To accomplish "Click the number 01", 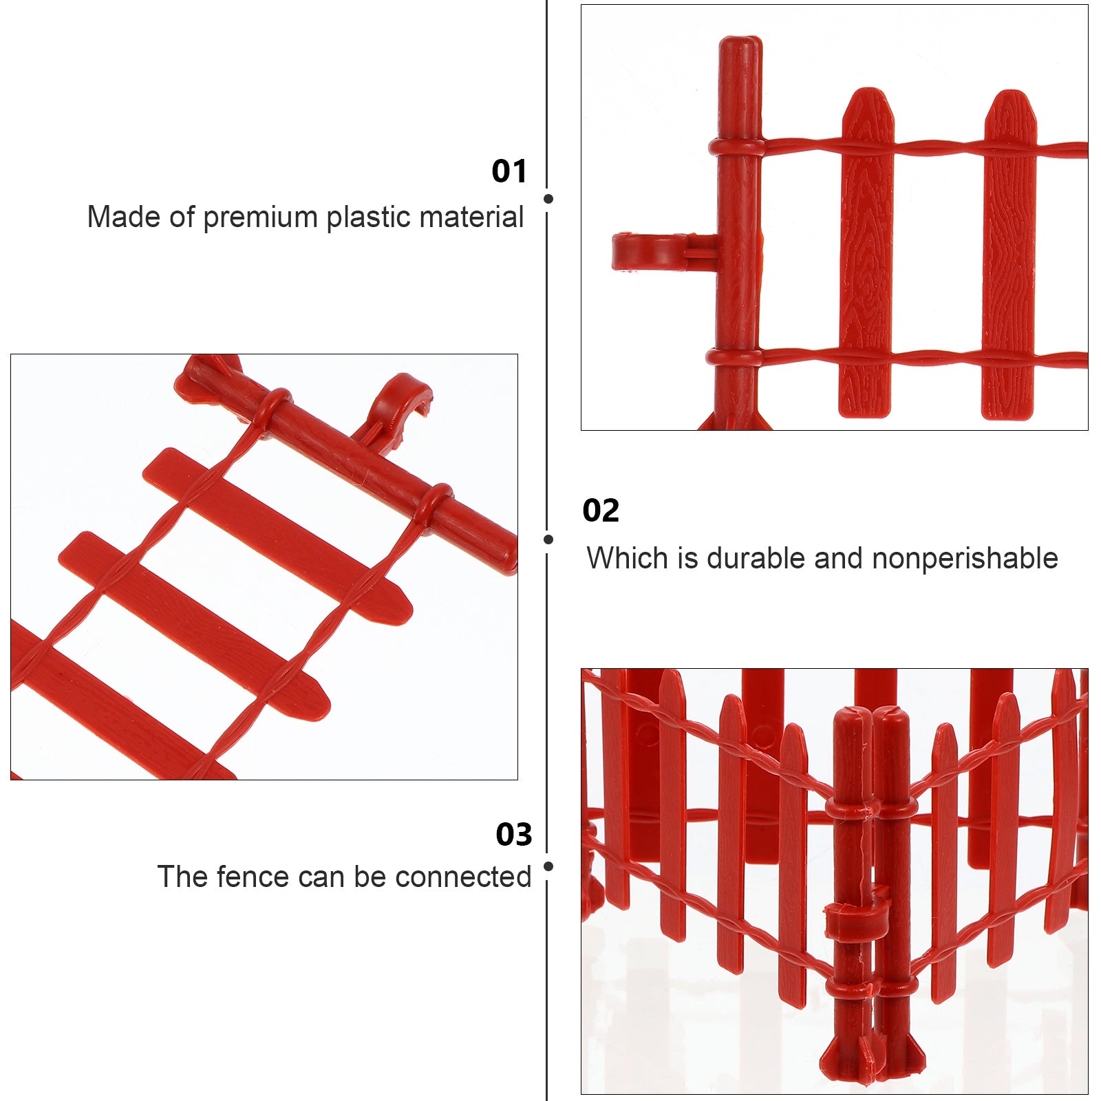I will tap(509, 171).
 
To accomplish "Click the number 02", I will tap(601, 511).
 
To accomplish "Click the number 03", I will tap(513, 835).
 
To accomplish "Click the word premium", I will tap(261, 217).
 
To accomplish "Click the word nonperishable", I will tap(965, 559).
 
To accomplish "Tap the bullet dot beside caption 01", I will tap(548, 199).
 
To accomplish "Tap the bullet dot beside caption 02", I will tap(548, 539).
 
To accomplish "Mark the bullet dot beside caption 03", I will tap(548, 866).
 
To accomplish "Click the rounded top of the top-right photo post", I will tap(740, 48).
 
